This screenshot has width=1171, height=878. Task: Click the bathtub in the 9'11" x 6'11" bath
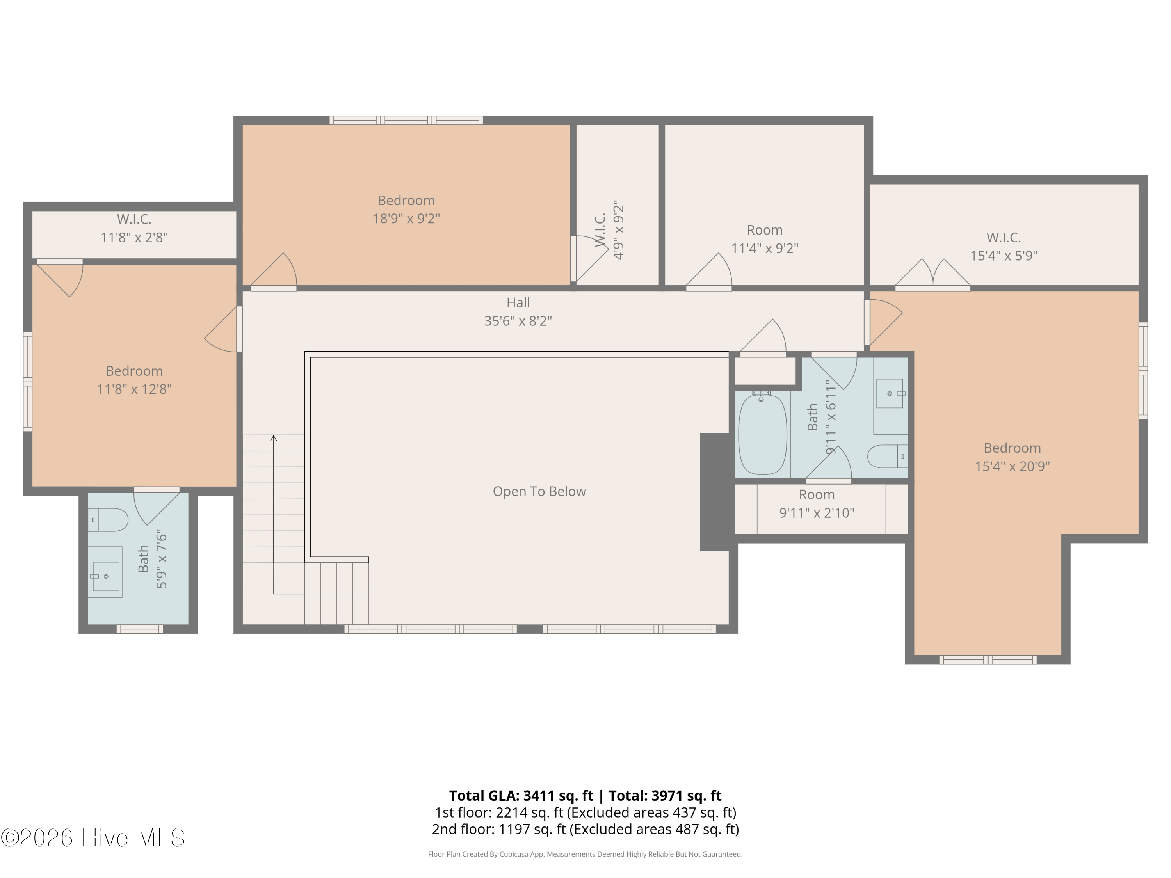coord(762,434)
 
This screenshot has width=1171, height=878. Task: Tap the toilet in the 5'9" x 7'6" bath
coord(108,520)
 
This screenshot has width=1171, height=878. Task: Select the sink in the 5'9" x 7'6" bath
coord(105,572)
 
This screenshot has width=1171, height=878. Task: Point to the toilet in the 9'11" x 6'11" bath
coord(887,456)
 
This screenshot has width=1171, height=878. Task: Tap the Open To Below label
coord(539,491)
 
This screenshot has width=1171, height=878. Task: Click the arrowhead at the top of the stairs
coord(274,438)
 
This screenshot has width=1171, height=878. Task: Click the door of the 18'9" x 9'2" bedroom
coord(274,272)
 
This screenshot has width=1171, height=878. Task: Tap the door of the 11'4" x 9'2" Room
coord(709,272)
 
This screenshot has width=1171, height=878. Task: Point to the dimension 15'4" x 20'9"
coord(1012,466)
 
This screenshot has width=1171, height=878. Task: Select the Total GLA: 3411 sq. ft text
coord(521,795)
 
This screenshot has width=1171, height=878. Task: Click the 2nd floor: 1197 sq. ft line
coord(585,829)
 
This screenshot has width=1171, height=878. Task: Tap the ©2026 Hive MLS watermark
coord(93,838)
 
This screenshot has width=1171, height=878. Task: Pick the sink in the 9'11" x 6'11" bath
coord(890,393)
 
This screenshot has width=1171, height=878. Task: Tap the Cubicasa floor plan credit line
coord(585,854)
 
